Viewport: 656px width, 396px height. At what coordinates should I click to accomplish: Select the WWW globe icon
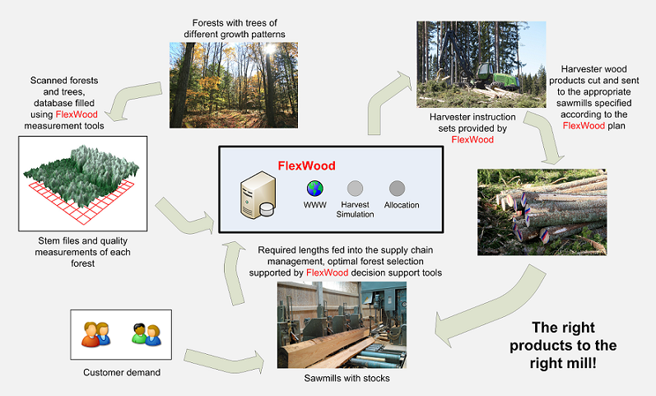(x=314, y=187)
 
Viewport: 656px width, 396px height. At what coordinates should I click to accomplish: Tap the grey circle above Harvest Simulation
(x=355, y=188)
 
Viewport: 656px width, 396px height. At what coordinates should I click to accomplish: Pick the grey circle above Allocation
(x=397, y=188)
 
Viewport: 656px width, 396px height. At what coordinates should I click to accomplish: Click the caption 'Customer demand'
(x=122, y=373)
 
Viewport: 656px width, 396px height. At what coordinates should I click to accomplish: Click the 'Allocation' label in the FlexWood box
(x=402, y=205)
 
